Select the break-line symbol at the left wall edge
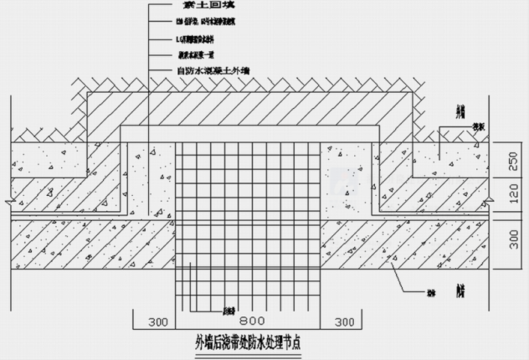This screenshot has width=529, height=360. pyautogui.click(x=6, y=203)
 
